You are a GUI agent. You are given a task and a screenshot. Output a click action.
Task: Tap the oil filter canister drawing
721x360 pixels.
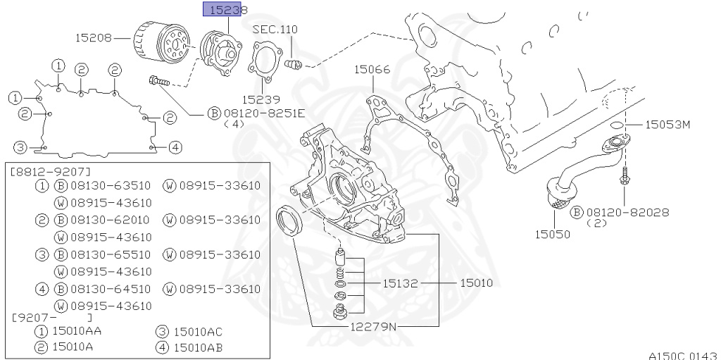pyautogui.click(x=161, y=44)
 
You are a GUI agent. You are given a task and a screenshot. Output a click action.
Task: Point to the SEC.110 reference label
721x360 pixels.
pyautogui.click(x=275, y=30)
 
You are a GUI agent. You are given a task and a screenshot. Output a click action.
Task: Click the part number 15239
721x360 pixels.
pyautogui.click(x=261, y=100)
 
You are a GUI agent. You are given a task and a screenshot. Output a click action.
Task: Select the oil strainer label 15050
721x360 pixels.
pyautogui.click(x=552, y=233)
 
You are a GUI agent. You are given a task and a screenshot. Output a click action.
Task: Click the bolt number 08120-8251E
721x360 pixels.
pyautogui.click(x=264, y=113)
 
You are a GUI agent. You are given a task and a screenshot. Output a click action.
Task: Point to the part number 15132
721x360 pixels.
pyautogui.click(x=401, y=283)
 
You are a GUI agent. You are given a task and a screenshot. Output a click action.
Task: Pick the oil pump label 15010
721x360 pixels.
pyautogui.click(x=476, y=283)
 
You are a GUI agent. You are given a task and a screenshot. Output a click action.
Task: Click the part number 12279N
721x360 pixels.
pyautogui.click(x=374, y=326)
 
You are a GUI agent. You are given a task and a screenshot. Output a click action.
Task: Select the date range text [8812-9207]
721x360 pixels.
pyautogui.click(x=51, y=171)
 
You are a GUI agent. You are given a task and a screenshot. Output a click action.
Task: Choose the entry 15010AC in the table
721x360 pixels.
pyautogui.click(x=198, y=332)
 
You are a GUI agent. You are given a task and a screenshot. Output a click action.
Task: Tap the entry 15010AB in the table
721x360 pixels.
pyautogui.click(x=198, y=347)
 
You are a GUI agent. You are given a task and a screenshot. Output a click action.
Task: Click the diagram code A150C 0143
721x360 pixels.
pyautogui.click(x=683, y=355)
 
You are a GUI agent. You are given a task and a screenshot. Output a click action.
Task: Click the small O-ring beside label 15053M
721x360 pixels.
pyautogui.click(x=615, y=125)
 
